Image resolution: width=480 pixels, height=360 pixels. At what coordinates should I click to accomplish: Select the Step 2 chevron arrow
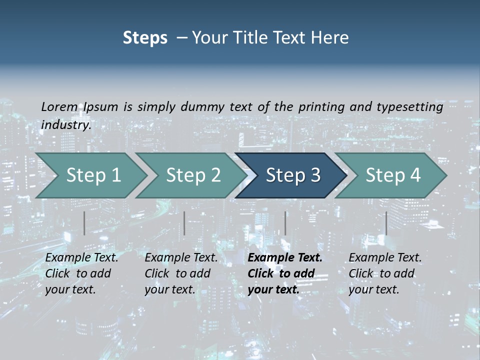(x=193, y=175)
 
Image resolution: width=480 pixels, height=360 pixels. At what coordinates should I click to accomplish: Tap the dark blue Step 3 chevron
(x=293, y=175)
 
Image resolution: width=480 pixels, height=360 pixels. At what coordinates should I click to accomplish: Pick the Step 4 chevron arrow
(x=393, y=175)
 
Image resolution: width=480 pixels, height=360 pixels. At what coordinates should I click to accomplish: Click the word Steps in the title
(x=145, y=38)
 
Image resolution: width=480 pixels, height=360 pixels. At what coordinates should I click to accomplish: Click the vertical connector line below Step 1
(x=84, y=223)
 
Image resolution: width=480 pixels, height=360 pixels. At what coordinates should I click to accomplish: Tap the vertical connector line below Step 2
(x=184, y=223)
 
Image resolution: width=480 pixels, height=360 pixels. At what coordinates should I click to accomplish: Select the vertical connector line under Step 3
(x=285, y=223)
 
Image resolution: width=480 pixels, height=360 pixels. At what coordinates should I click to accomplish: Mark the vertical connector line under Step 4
(x=386, y=223)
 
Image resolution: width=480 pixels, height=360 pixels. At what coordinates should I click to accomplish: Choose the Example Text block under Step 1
(x=81, y=273)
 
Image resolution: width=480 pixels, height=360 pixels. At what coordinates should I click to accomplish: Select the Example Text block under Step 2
(x=181, y=273)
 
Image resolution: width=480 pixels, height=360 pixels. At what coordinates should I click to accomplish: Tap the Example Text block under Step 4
(x=385, y=273)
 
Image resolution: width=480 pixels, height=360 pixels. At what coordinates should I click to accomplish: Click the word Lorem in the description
(x=59, y=107)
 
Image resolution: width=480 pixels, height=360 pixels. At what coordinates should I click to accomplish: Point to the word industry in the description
(x=65, y=125)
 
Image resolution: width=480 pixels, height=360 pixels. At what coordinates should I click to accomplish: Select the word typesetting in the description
(x=414, y=107)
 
